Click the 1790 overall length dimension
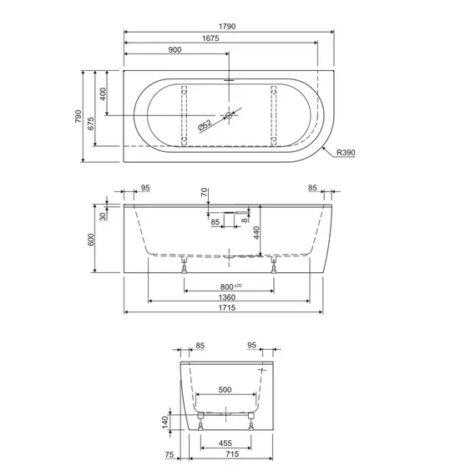tap(227, 27)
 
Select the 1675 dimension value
tap(210, 38)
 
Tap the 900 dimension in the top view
tap(175, 50)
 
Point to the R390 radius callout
tap(346, 152)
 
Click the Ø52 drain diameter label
tap(205, 126)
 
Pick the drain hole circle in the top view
tap(229, 115)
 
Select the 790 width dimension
tap(78, 116)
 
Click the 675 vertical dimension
tap(91, 124)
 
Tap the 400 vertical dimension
tap(103, 94)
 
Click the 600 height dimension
tap(91, 240)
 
